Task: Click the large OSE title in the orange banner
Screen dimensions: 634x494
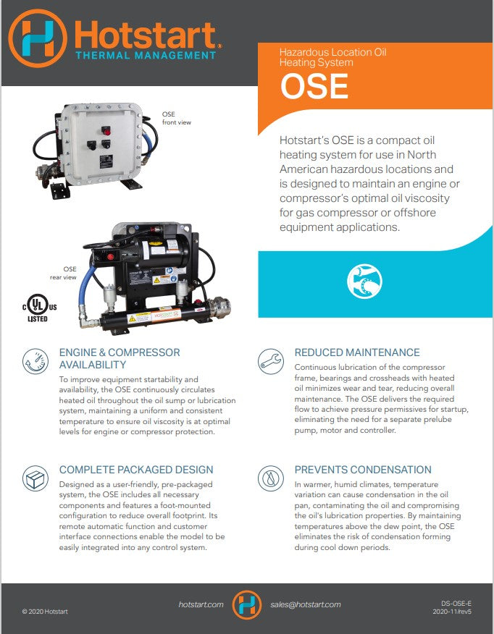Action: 314,87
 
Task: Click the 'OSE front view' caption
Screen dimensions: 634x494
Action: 176,119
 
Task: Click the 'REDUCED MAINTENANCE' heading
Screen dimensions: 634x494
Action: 356,352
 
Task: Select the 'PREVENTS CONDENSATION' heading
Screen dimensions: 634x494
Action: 362,470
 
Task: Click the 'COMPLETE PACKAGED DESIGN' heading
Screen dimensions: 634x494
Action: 136,470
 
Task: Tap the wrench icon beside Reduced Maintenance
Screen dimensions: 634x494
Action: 269,360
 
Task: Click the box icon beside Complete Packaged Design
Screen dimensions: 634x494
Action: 34,478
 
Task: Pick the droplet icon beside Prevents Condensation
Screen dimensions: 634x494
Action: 269,478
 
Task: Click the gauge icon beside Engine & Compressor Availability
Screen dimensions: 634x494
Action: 34,360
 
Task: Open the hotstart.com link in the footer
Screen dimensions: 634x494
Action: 201,604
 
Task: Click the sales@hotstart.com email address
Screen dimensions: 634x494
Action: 305,604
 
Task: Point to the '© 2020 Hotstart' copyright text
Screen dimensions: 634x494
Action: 45,612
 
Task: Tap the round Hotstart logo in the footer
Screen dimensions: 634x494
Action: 247,604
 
